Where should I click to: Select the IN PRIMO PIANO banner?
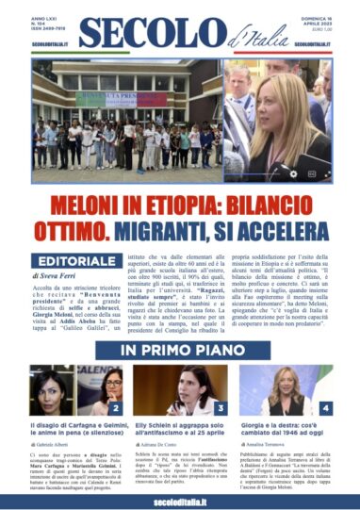[179, 352]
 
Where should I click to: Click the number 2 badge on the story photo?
[116, 410]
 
